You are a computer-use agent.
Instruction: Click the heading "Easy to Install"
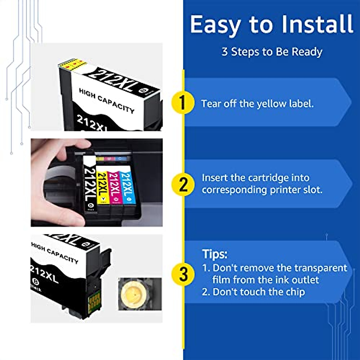pyautogui.click(x=271, y=25)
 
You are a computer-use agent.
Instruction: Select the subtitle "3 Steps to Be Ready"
pyautogui.click(x=272, y=52)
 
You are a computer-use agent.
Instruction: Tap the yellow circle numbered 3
pyautogui.click(x=183, y=274)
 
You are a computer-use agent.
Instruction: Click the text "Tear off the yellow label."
pyautogui.click(x=257, y=104)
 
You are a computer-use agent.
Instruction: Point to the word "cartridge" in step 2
pyautogui.click(x=263, y=178)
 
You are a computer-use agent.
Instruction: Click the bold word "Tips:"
pyautogui.click(x=214, y=254)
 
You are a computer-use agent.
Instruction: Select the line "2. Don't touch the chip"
pyautogui.click(x=253, y=292)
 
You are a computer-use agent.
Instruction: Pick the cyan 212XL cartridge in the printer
pyautogui.click(x=126, y=187)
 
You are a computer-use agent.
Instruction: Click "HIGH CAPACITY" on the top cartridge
pyautogui.click(x=106, y=100)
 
